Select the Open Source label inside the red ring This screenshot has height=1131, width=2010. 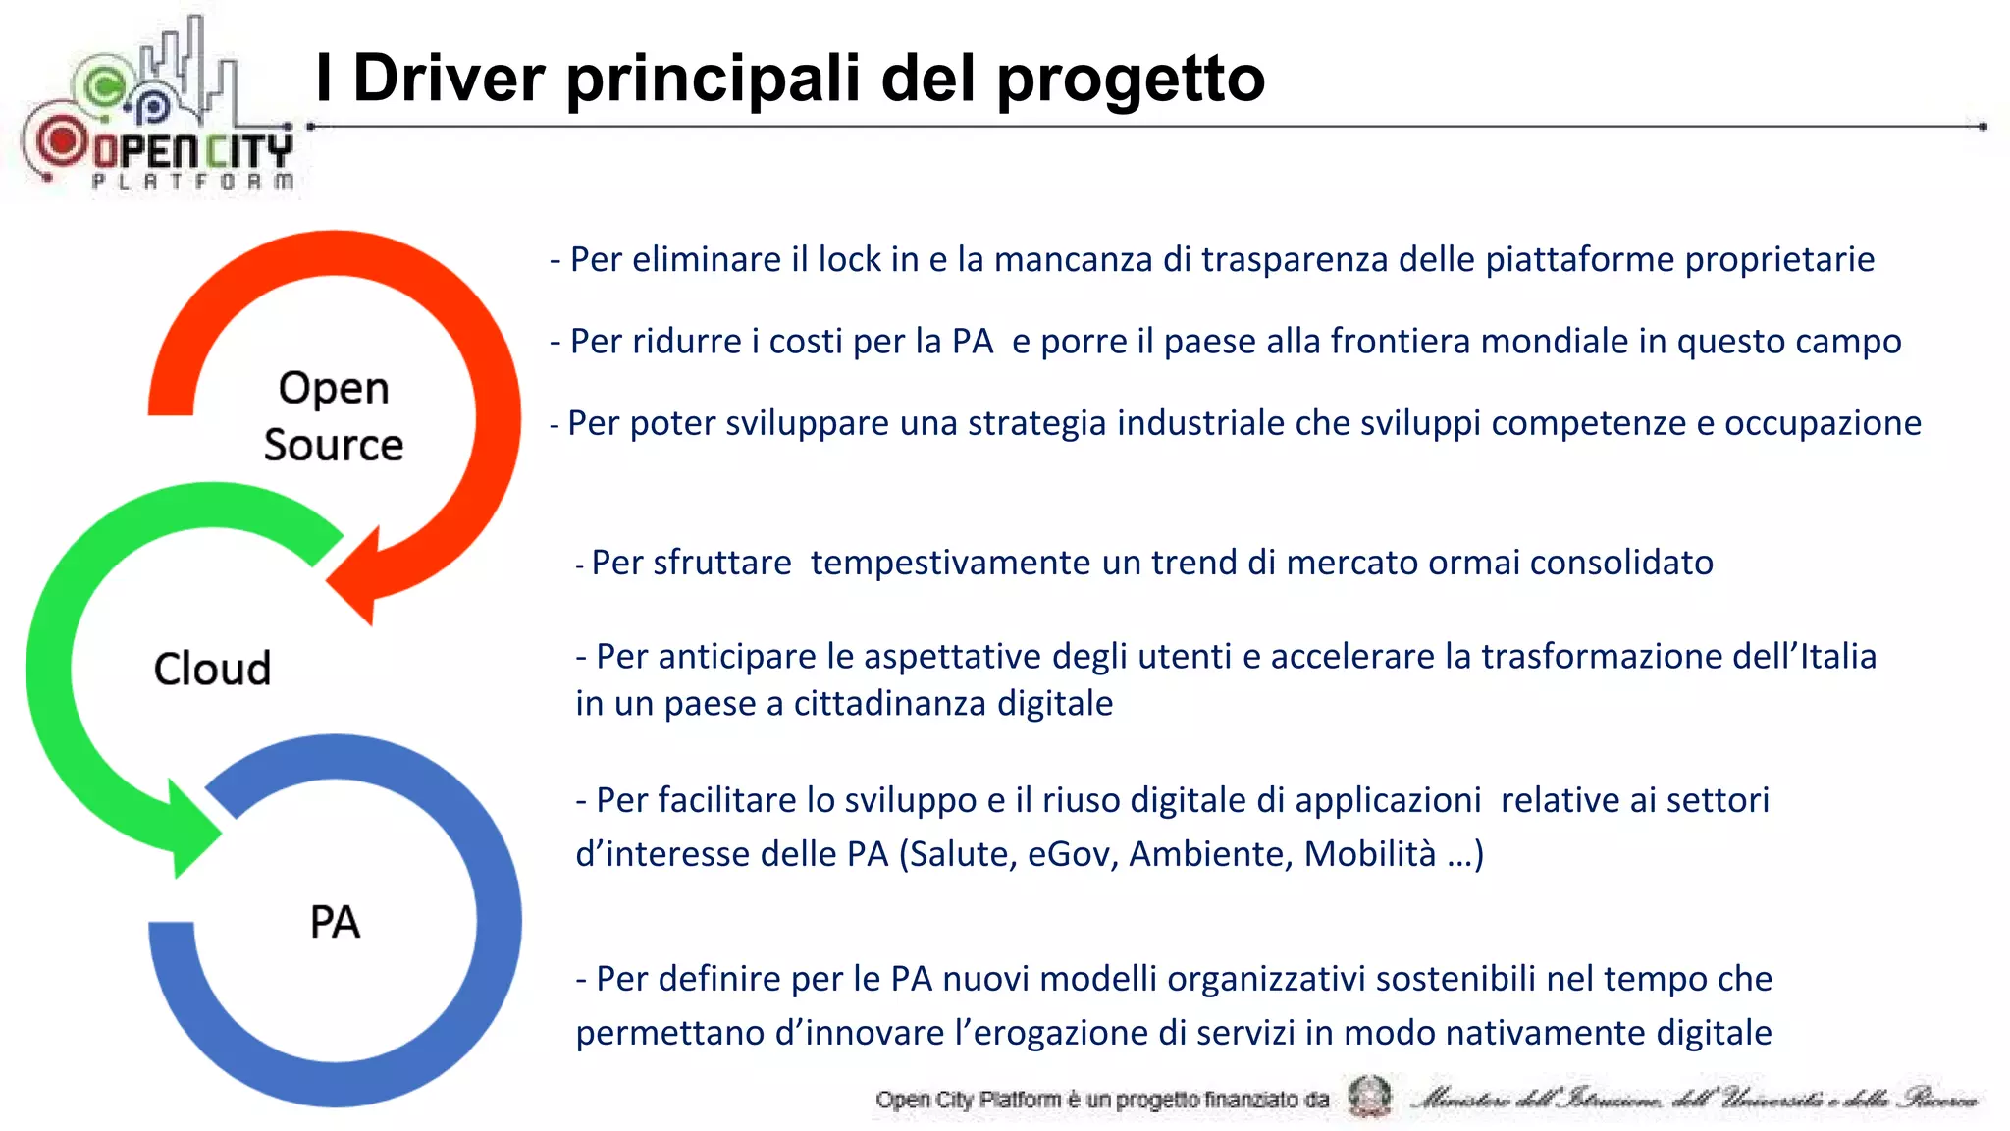[x=334, y=416]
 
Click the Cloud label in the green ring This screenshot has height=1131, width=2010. [x=212, y=669]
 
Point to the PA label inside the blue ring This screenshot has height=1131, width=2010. [x=335, y=922]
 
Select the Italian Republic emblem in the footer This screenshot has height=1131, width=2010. [x=1369, y=1097]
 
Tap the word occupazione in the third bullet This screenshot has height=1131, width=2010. [x=1823, y=423]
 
